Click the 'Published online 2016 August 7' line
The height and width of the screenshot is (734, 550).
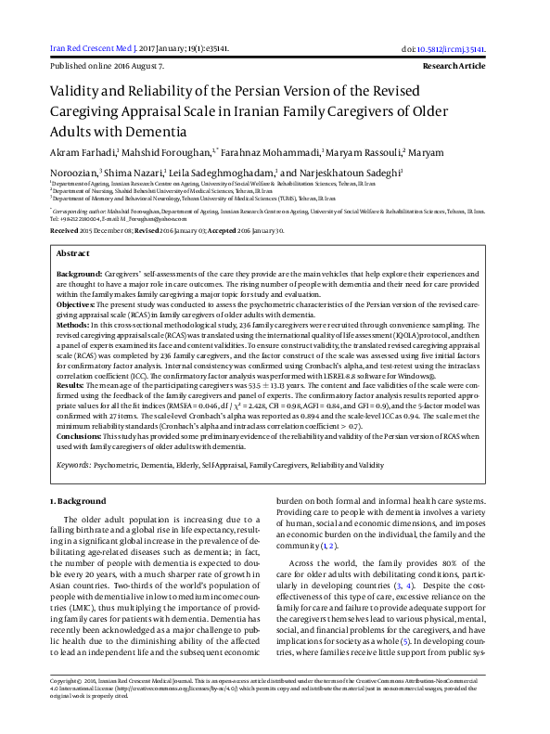pos(107,67)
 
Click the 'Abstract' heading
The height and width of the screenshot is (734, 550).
pos(73,252)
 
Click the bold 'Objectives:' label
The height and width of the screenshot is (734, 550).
pos(77,303)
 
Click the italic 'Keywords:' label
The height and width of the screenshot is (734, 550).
pos(75,463)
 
